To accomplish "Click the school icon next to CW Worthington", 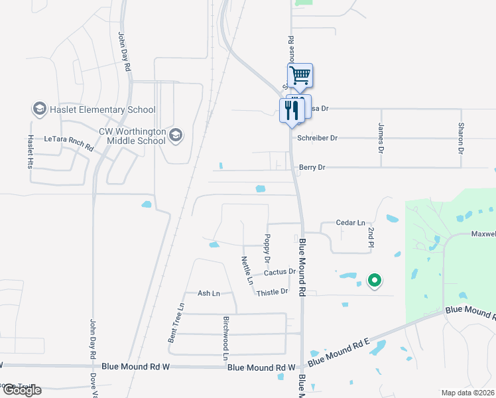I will click(x=175, y=136).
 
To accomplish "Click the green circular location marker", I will click(x=375, y=281).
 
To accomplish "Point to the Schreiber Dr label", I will click(x=318, y=138).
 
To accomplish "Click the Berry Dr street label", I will click(x=312, y=168).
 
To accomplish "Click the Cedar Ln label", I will click(x=351, y=223).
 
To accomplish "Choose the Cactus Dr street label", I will click(x=279, y=273).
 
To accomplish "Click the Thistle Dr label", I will click(x=273, y=292).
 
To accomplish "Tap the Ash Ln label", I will click(x=208, y=293).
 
